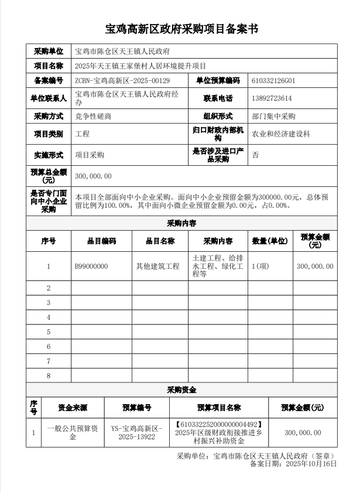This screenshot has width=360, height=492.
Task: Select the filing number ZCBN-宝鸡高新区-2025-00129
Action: pos(122,80)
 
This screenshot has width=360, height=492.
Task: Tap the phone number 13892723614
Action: pos(272,98)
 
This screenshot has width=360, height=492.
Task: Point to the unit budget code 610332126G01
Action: pos(273,80)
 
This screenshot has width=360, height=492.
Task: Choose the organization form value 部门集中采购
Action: pos(273,116)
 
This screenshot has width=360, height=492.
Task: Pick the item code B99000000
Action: pos(91,266)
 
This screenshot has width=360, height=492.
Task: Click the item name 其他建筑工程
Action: pos(157,266)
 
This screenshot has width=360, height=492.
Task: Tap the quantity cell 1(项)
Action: pos(260,266)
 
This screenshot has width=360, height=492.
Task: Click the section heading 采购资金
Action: pos(181,389)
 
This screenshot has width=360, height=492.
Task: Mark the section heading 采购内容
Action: pos(181,224)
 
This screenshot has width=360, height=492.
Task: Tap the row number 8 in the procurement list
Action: pos(49,375)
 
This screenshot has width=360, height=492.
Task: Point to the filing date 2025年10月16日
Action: pos(311,463)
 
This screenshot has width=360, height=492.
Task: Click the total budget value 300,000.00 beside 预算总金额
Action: pos(94,176)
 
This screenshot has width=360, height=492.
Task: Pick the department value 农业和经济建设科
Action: pos(281,134)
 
